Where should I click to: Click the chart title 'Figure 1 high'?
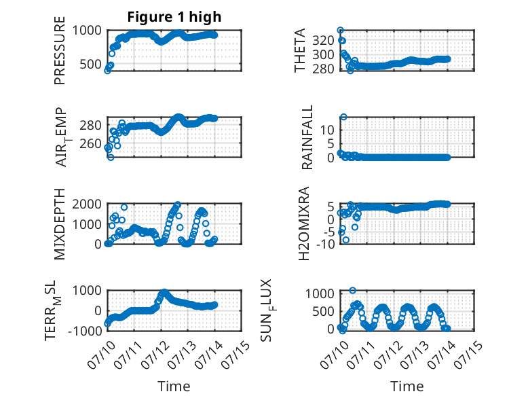click(174, 17)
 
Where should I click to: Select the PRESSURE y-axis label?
click(59, 50)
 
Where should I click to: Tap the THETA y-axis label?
click(299, 50)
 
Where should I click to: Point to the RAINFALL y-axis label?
click(307, 137)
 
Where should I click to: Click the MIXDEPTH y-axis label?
click(59, 224)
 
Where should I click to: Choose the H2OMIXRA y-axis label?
click(304, 223)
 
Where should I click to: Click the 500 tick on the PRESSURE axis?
click(90, 64)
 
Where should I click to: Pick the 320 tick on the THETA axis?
click(323, 41)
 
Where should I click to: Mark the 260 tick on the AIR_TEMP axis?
click(90, 144)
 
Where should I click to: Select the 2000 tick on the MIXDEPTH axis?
click(87, 204)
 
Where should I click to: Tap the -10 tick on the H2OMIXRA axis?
click(326, 244)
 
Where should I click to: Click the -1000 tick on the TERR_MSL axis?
click(86, 331)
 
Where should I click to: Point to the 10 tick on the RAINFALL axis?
click(327, 130)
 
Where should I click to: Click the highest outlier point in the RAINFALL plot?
click(343, 117)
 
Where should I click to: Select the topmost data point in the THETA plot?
click(341, 31)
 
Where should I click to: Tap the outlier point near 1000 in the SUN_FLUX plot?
click(352, 290)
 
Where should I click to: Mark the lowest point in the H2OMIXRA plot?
click(346, 240)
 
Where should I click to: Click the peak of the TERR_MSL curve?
click(164, 292)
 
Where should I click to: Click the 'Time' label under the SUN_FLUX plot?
click(407, 386)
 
